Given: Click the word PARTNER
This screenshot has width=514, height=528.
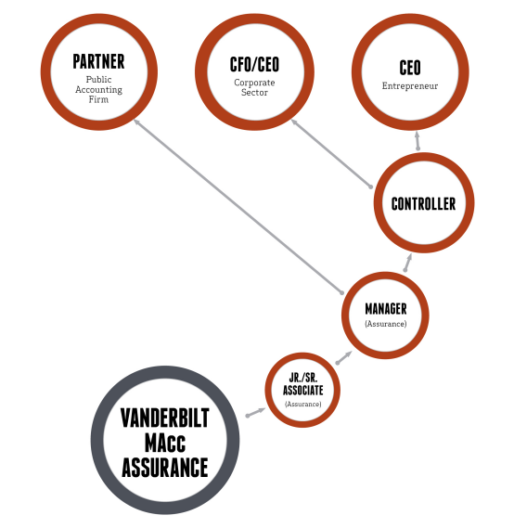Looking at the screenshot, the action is click(x=98, y=61).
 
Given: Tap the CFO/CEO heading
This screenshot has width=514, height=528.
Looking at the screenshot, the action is click(x=254, y=65).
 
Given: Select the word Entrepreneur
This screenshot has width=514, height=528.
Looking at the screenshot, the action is click(x=410, y=86).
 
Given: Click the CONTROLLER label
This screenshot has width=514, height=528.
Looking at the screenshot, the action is click(x=423, y=204).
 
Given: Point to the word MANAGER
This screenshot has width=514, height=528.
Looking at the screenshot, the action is click(x=386, y=309).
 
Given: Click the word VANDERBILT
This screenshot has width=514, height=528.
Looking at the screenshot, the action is click(x=165, y=418).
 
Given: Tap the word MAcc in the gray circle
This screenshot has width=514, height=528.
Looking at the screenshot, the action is click(x=165, y=443).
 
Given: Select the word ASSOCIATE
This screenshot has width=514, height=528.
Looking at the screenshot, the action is click(x=303, y=391).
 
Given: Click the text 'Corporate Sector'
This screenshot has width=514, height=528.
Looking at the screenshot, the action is click(x=254, y=87).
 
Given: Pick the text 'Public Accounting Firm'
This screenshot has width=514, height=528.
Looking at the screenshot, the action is click(x=98, y=90).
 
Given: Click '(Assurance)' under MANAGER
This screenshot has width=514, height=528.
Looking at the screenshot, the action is click(x=386, y=324).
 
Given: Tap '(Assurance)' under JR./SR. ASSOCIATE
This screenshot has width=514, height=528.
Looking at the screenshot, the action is click(x=303, y=404).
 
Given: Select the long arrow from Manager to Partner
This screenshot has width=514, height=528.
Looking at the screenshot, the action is click(x=238, y=206).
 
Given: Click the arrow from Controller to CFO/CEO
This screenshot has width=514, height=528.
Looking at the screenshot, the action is click(x=331, y=153).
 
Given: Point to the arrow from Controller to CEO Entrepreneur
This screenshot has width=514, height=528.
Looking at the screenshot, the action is click(x=418, y=140).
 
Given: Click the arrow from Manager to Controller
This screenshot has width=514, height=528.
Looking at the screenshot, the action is click(x=407, y=263).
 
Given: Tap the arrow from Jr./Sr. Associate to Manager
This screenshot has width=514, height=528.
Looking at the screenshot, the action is click(x=344, y=357).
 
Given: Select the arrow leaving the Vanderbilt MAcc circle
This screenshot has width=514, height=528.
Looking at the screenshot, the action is click(x=256, y=412).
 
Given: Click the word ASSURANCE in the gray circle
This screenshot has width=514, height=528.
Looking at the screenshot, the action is click(x=165, y=468).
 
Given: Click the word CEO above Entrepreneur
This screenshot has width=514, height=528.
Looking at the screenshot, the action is click(x=410, y=68).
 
